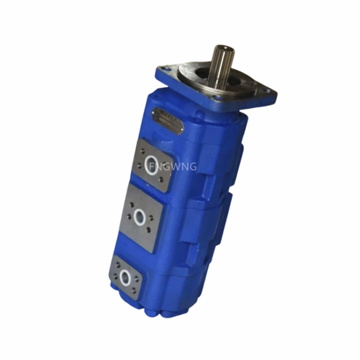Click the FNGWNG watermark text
(x=173, y=167)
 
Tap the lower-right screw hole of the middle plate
(x=150, y=231)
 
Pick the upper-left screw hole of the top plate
(x=143, y=150)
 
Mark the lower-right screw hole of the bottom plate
(x=135, y=291)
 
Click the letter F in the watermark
(x=151, y=167)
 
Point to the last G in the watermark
(x=192, y=167)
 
